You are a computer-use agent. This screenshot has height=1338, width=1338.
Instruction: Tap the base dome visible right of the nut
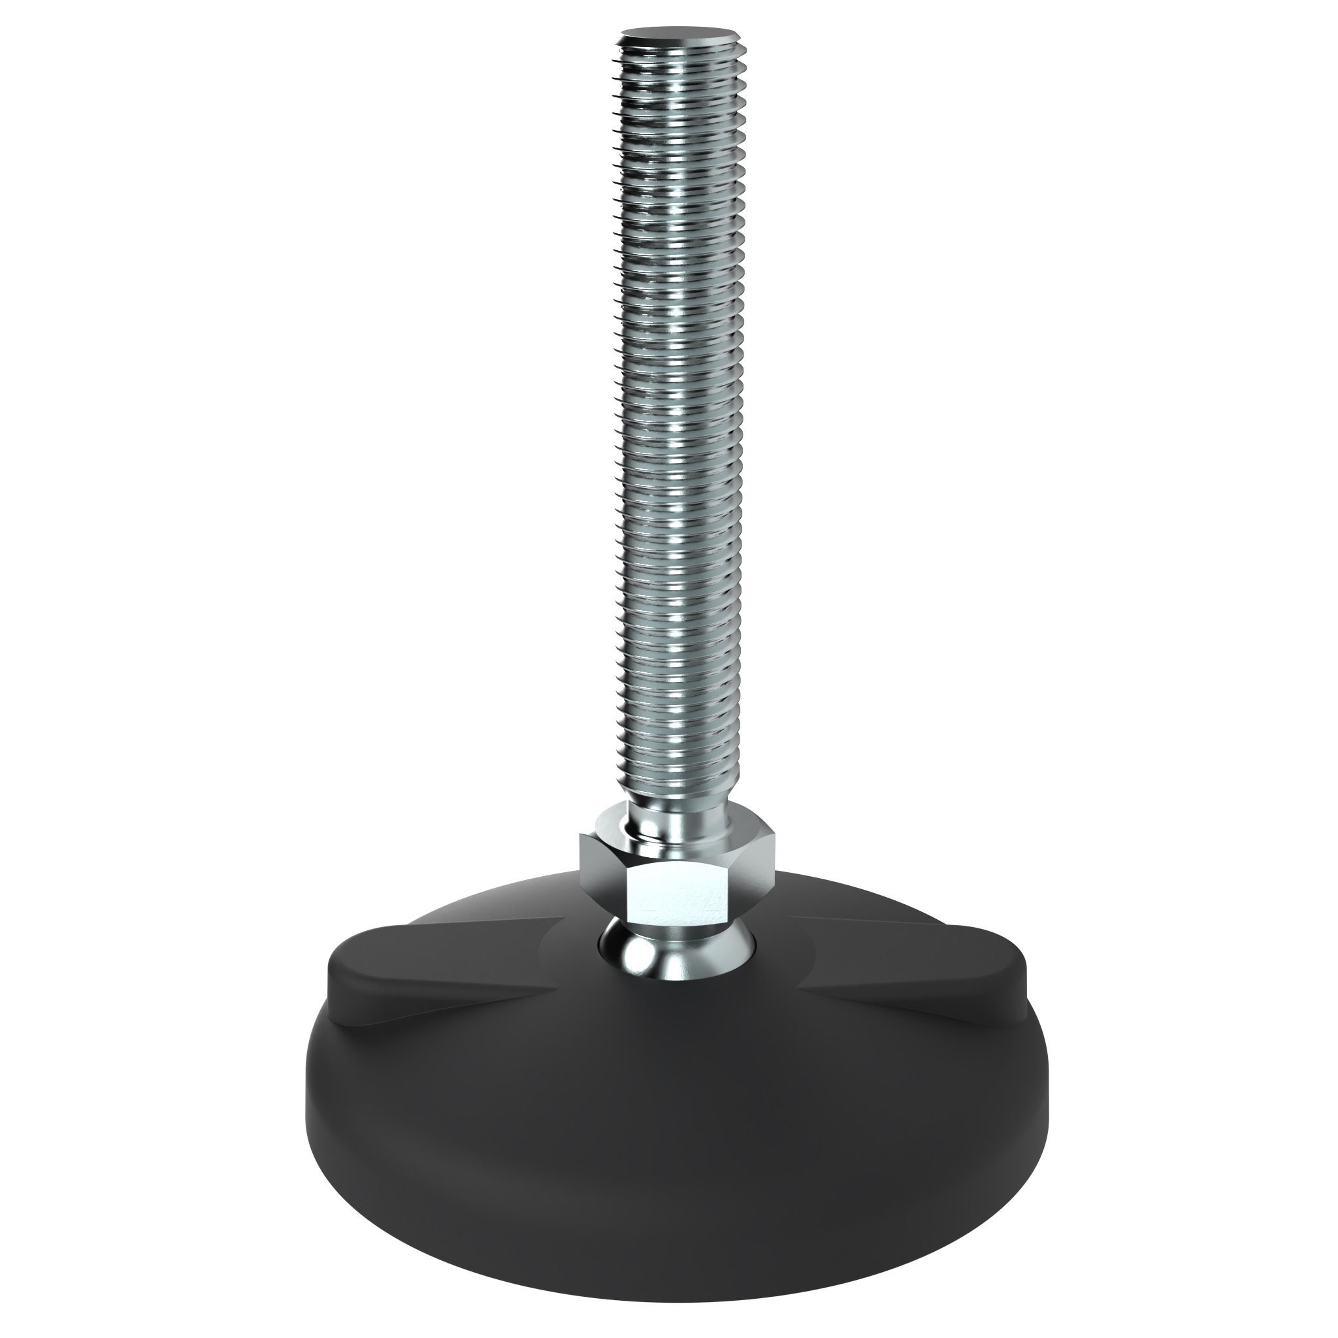pos(831,893)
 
